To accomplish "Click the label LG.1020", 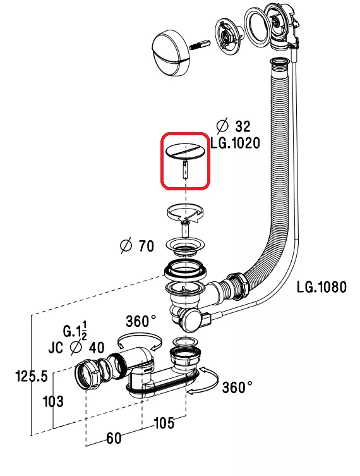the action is coord(236,143).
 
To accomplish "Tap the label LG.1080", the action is coord(321,287).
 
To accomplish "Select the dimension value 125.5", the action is coord(32,377).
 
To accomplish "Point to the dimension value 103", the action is coord(54,401).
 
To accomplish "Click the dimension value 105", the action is coord(164,423).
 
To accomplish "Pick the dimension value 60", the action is coord(114,438).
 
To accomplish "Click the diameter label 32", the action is coord(234,126).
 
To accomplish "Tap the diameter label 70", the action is coord(137,246).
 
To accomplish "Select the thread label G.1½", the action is coord(75,331).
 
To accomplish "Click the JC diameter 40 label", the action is coord(76,348).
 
